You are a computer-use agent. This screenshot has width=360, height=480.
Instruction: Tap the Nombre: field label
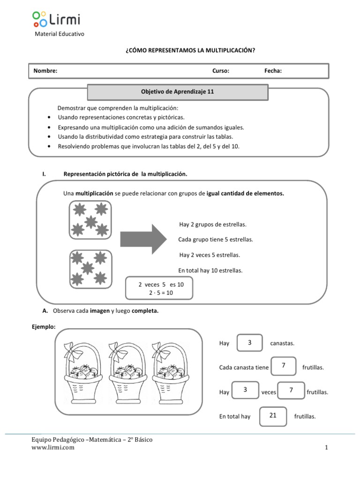pyautogui.click(x=45, y=71)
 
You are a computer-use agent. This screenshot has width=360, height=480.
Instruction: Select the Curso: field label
pyautogui.click(x=221, y=71)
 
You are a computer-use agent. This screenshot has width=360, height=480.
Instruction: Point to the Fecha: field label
pyautogui.click(x=273, y=71)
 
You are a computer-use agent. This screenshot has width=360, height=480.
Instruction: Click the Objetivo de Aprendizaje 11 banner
pyautogui.click(x=178, y=92)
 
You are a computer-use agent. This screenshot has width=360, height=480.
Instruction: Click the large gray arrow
pyautogui.click(x=143, y=239)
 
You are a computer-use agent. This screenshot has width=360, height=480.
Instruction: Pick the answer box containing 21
pyautogui.click(x=273, y=416)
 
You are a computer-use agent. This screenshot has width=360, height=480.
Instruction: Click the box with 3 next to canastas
pyautogui.click(x=250, y=343)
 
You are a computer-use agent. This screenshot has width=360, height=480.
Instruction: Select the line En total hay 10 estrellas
pyautogui.click(x=210, y=270)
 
